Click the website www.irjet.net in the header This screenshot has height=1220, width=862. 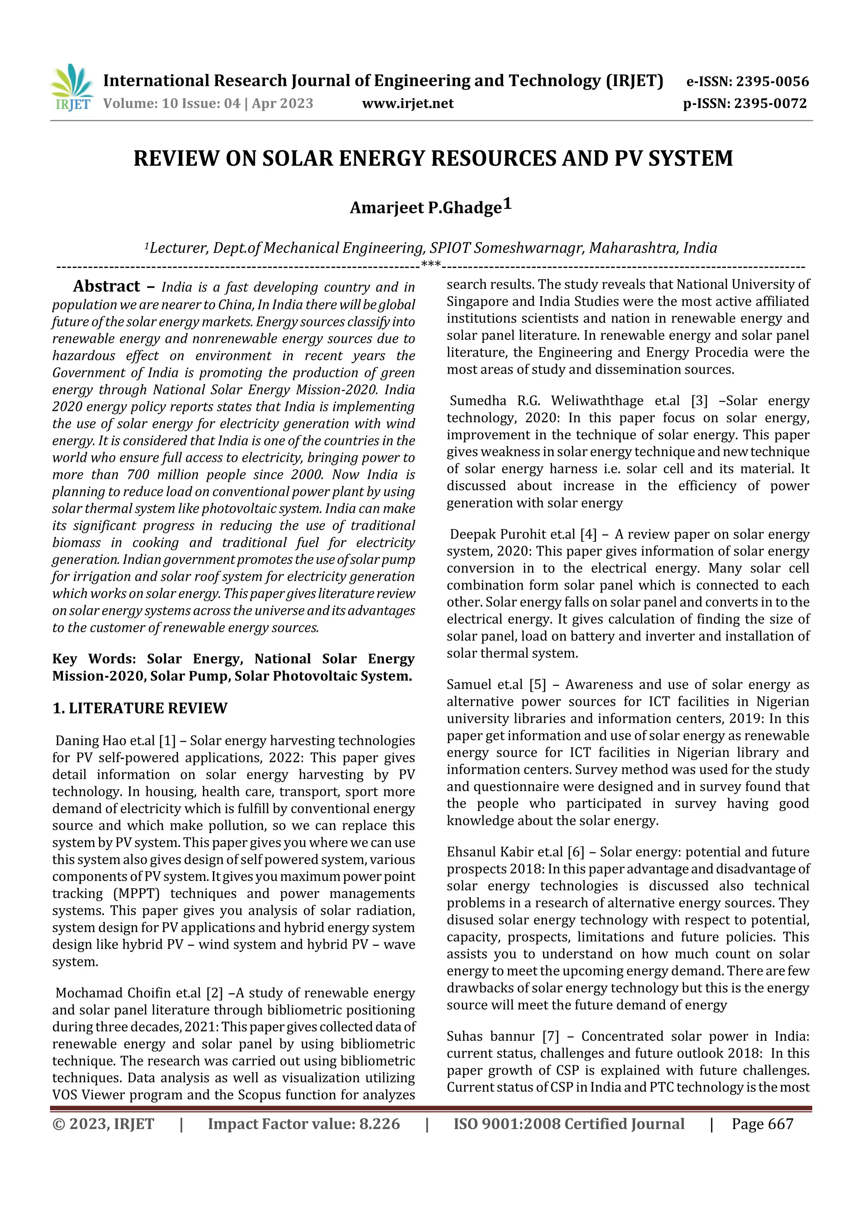coord(407,104)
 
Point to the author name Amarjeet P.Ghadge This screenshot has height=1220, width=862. coord(426,208)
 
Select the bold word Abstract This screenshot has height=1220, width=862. coord(106,286)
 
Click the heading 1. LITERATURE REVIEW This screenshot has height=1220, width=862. coord(140,708)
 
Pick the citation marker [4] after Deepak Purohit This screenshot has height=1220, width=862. coord(588,534)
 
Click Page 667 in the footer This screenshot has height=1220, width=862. coord(762,1124)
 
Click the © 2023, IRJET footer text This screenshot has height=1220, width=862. coord(103,1124)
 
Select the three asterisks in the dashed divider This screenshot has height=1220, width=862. coord(430,264)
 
